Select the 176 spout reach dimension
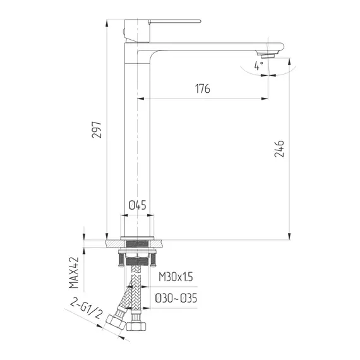tap(201, 88)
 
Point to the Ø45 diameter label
tap(137, 205)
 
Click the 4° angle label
tap(258, 65)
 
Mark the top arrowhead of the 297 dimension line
tap(108, 22)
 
